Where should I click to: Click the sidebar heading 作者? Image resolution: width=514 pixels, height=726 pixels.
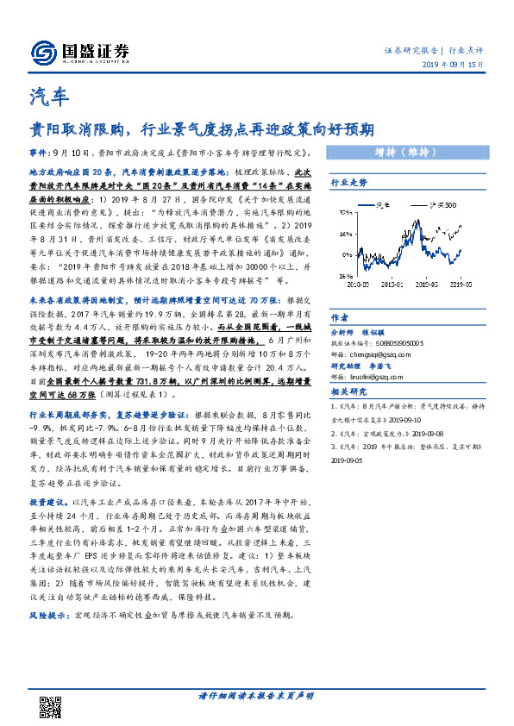coord(340,316)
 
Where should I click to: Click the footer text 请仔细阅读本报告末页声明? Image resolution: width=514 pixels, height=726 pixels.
coord(256,697)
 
